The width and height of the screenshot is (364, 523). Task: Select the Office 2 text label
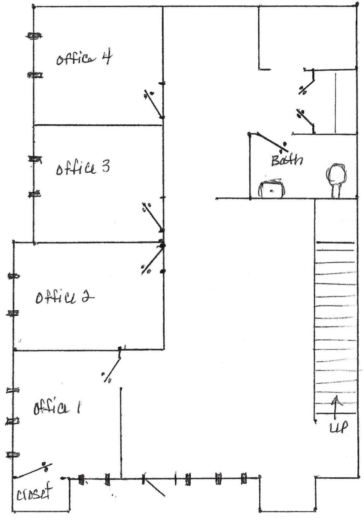[x=65, y=297]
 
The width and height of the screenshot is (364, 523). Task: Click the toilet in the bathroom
[x=336, y=180]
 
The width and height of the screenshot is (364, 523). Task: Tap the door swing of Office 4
[x=154, y=104]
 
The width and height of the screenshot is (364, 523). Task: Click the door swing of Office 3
[x=153, y=217]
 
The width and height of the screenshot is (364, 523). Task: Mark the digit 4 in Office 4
[x=107, y=56]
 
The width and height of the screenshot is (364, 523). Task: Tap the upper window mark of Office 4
[x=34, y=36]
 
